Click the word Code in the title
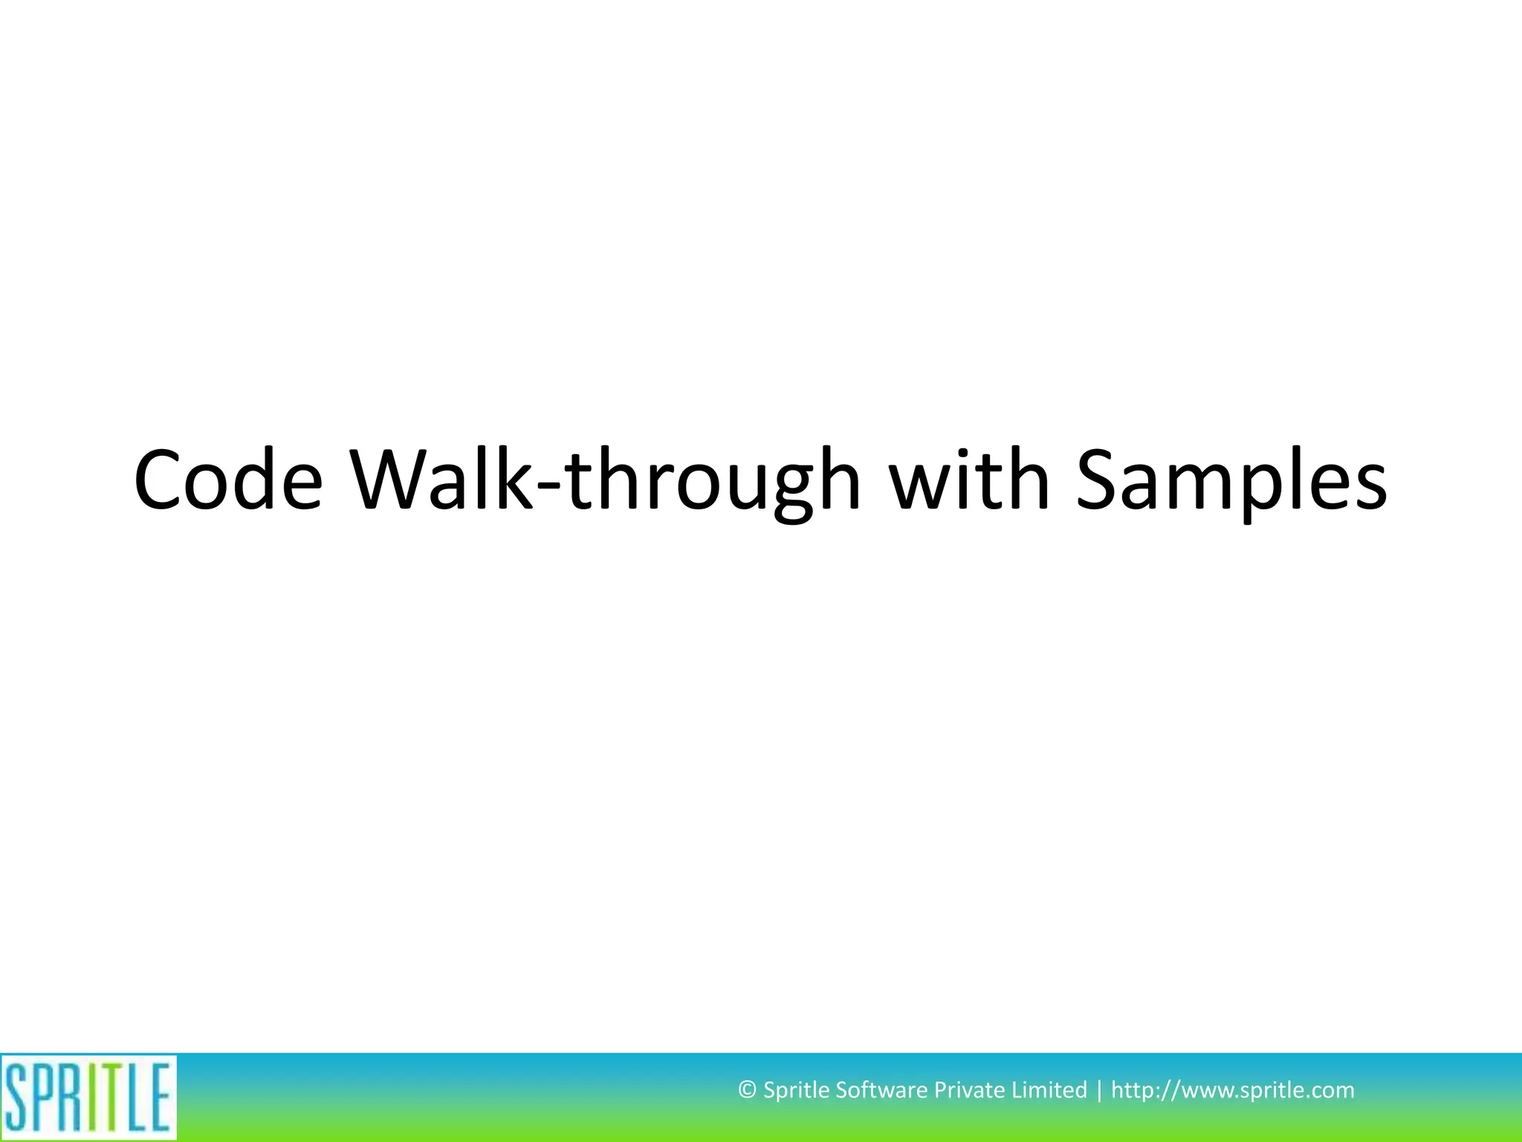tap(228, 481)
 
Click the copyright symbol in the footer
tap(747, 1091)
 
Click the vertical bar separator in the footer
tap(1099, 1091)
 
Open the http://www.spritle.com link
tap(1232, 1091)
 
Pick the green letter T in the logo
tap(111, 1097)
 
